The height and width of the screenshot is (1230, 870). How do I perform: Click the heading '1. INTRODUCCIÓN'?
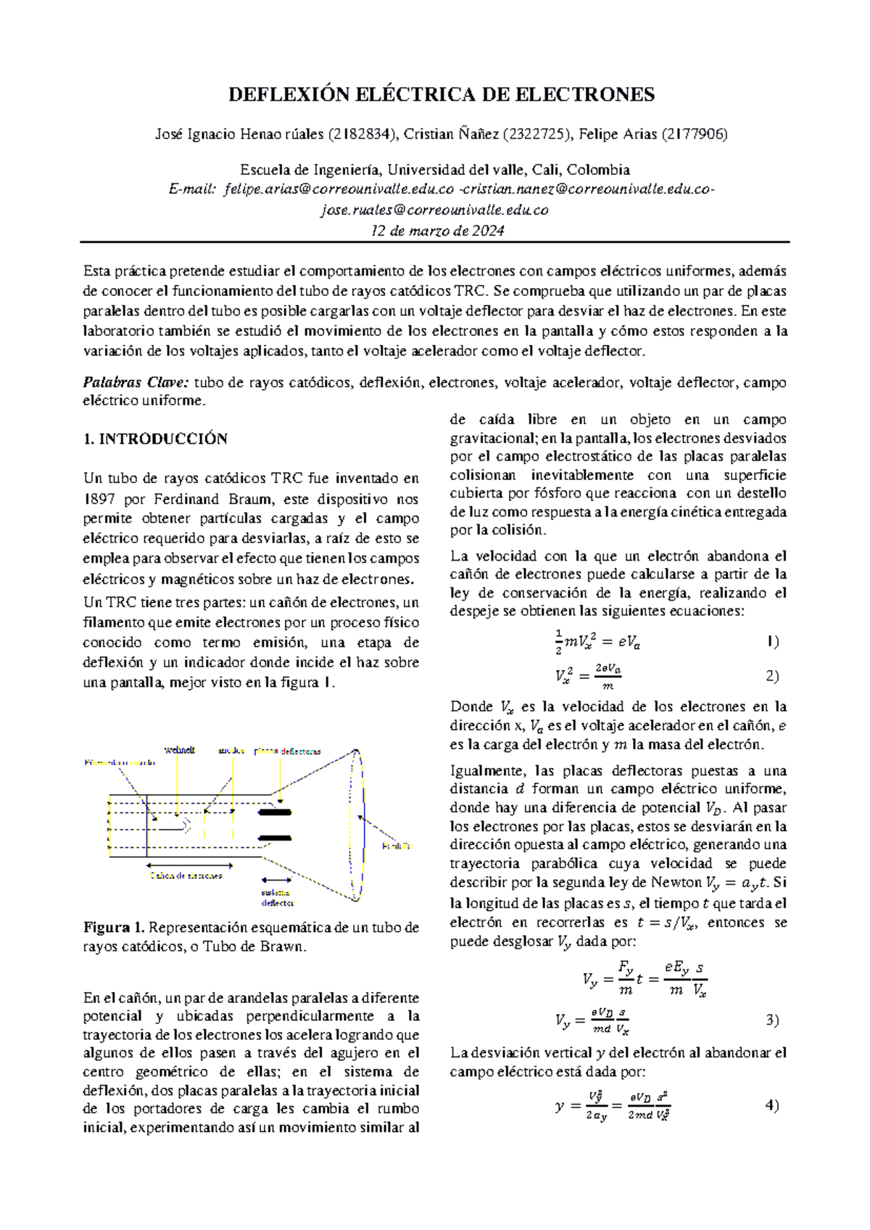[x=155, y=439]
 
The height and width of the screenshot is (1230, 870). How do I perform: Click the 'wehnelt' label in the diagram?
[x=180, y=750]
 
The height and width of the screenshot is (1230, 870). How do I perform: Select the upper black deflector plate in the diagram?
[x=275, y=812]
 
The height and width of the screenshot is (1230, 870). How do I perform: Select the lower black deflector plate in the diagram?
[x=275, y=838]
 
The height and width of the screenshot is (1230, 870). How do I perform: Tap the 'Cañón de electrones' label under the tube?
[x=186, y=875]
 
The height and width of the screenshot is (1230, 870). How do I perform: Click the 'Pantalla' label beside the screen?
[x=398, y=846]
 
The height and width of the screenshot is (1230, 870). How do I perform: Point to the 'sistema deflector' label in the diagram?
[x=277, y=898]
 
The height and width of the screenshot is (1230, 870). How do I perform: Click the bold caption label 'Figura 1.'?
[x=115, y=928]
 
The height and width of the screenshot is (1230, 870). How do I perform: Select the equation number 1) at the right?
[x=772, y=641]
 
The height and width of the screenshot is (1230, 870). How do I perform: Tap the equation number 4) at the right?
[x=771, y=1106]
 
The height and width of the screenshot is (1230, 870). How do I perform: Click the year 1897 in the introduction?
[x=98, y=499]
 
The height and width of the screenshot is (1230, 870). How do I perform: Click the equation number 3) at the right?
[x=772, y=1020]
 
